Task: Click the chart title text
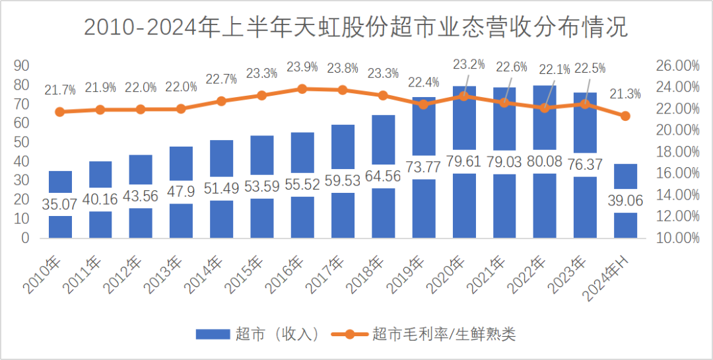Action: click(356, 28)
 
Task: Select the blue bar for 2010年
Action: click(60, 225)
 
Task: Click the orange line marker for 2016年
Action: click(302, 89)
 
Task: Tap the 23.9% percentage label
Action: click(302, 67)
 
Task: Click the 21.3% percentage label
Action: click(625, 94)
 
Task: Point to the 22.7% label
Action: click(222, 79)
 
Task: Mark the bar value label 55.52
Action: click(302, 186)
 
